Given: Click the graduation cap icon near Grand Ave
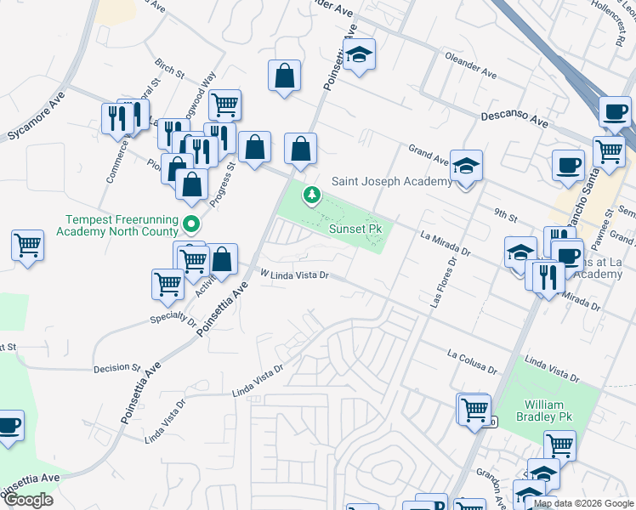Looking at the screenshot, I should point(466,166).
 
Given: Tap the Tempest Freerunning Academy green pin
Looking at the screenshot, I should point(192,225).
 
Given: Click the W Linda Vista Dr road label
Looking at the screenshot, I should point(293,275).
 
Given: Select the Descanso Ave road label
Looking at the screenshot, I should point(514,120).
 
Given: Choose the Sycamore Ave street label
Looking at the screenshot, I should point(36,124).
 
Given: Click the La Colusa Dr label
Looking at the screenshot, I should point(472,361).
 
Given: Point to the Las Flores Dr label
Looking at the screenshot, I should point(440,283).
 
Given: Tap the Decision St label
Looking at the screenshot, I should point(116,367).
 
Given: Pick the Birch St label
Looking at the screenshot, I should point(170,68).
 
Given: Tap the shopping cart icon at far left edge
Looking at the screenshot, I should point(28,246).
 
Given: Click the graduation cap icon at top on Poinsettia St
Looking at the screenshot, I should point(360,55).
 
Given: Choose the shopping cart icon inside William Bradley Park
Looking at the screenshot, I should point(559,445).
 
